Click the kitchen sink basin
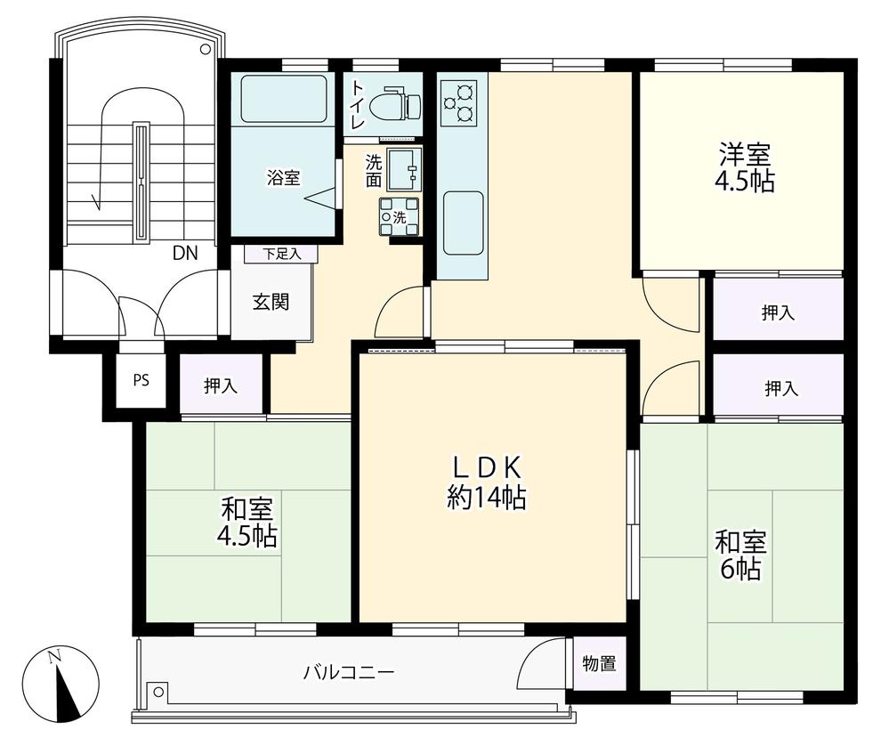coord(463,222)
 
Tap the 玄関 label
coord(271,302)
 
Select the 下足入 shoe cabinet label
coord(280,254)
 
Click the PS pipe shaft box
coord(141,379)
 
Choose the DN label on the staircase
coord(185,253)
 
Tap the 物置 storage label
coord(600,664)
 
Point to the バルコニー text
coord(348,672)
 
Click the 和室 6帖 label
coord(741,555)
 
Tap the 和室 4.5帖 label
coord(246,523)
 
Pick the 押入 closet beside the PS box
coord(221,385)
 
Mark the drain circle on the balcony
coord(158,690)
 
